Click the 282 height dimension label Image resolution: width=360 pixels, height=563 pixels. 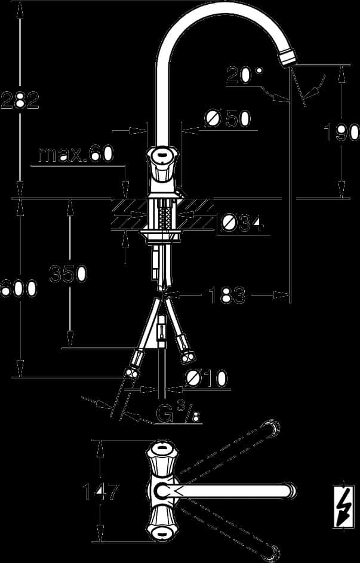coord(20,100)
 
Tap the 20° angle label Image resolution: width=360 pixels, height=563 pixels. coord(244,75)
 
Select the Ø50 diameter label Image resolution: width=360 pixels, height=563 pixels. coord(227,118)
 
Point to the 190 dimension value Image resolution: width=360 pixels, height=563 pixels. coord(341,132)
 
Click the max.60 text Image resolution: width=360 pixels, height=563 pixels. coord(76,154)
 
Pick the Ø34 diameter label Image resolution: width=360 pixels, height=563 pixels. coord(243,224)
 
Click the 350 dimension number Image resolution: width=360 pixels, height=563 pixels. coord(68,273)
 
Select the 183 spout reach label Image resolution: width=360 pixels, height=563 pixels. coord(227,296)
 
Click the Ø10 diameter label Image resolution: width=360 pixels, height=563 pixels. coord(206,379)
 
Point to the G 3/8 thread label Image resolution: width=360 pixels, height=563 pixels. coord(179,413)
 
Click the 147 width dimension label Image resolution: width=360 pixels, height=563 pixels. coord(100,491)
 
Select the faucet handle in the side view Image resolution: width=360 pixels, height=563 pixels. coord(162,164)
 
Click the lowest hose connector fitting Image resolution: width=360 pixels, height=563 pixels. coord(131,373)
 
